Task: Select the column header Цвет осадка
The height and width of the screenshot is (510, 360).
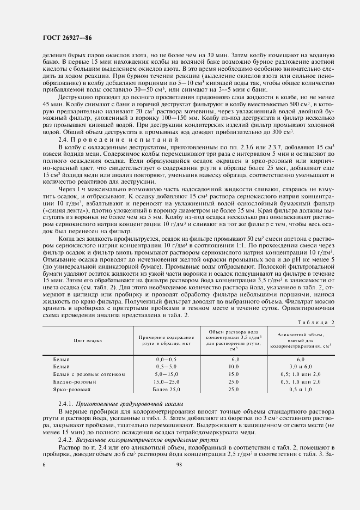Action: point(88,341)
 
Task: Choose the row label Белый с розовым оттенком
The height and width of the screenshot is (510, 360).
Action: point(89,375)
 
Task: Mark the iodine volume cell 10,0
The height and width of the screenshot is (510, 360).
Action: point(234,367)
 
